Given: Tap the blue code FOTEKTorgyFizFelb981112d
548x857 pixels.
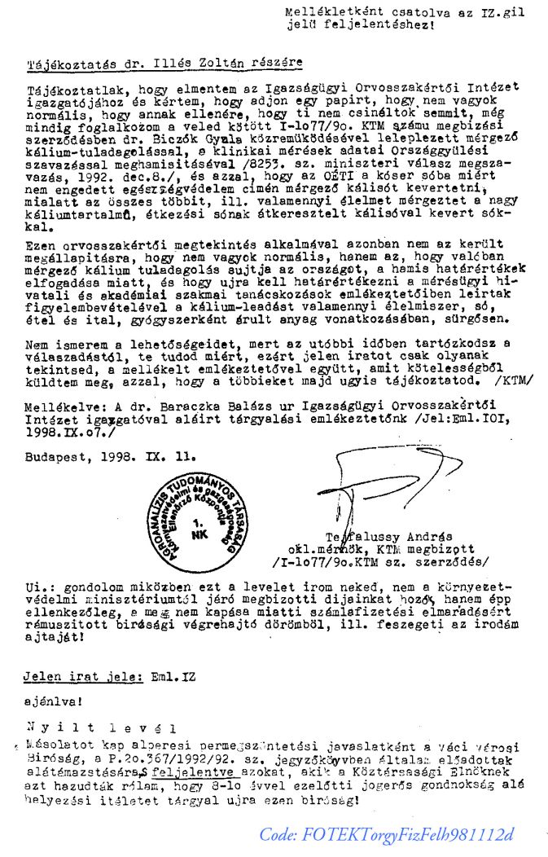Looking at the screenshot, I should (x=387, y=835).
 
